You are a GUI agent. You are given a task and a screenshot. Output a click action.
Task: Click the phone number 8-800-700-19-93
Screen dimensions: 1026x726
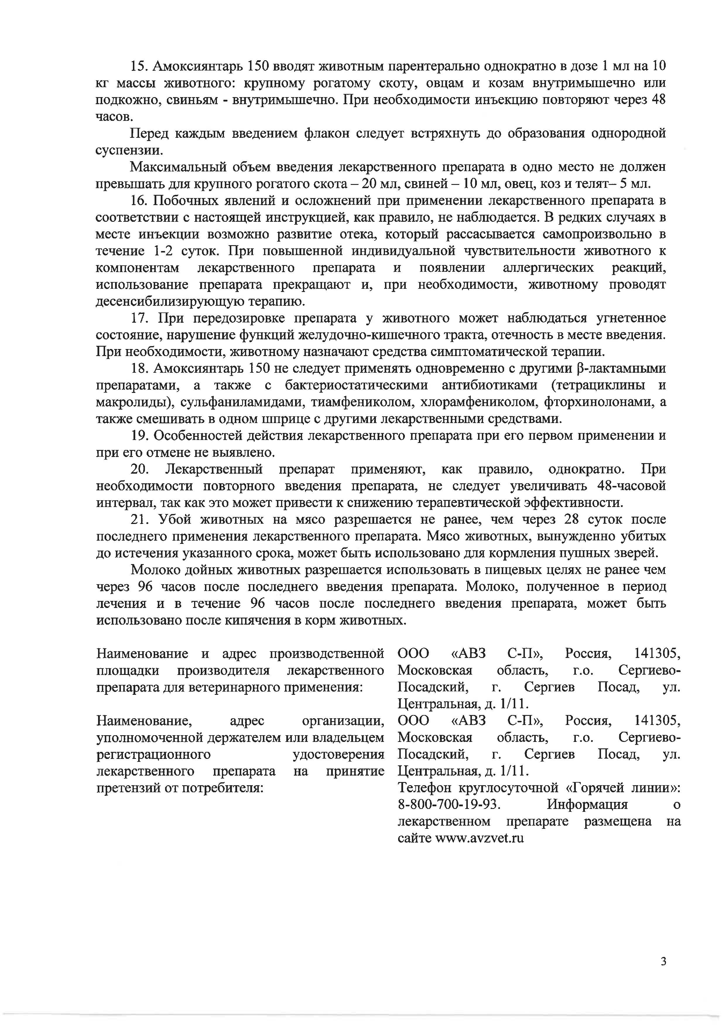(448, 804)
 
